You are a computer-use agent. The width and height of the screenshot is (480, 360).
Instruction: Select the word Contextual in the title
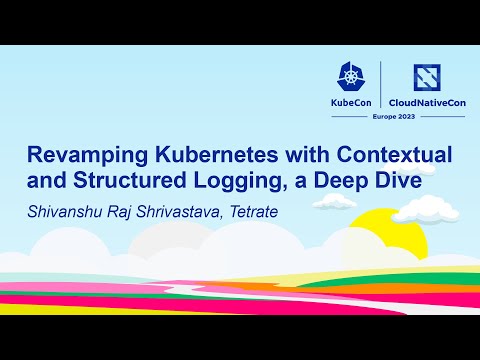pos(395,156)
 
